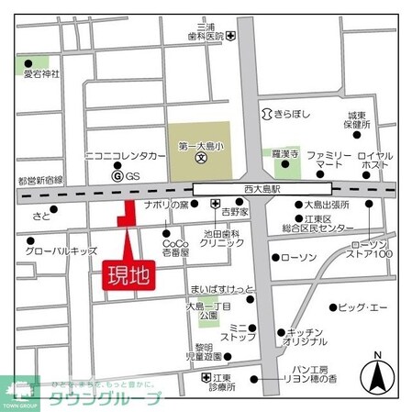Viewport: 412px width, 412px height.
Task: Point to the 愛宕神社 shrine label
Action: point(40,73)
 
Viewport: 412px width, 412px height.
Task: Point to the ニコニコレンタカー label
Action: point(126,156)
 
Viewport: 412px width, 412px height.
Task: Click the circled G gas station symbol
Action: point(117,174)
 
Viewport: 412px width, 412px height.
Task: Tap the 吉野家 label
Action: point(235,211)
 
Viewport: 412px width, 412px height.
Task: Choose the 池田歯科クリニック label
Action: point(221,237)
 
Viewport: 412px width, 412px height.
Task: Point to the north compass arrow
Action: point(376,374)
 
